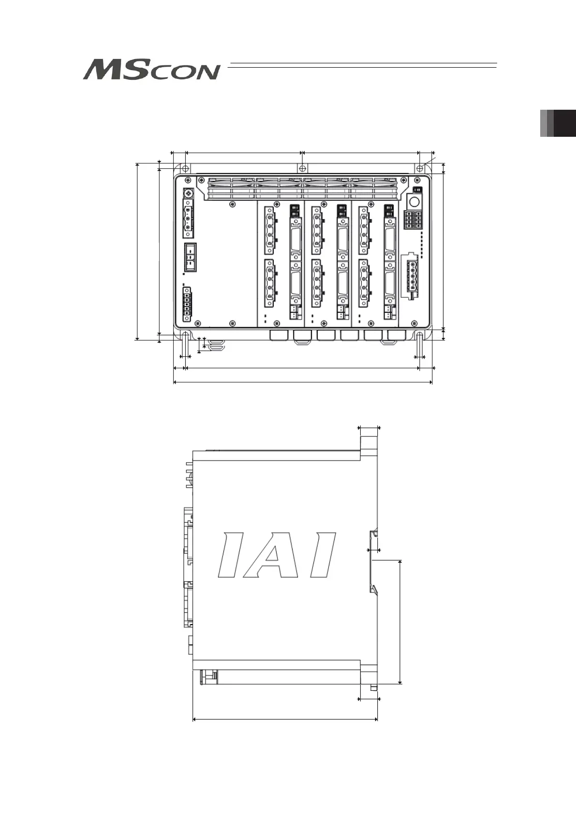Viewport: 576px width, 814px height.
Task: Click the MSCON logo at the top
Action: point(152,70)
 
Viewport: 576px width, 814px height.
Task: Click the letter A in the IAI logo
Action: point(271,555)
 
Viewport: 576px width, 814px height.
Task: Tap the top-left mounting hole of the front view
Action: point(185,169)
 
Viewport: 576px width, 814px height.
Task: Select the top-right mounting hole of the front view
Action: point(420,169)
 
